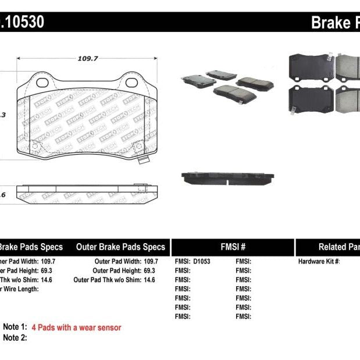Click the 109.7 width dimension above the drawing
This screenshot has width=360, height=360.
[88, 58]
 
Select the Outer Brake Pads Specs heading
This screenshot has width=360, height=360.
[120, 247]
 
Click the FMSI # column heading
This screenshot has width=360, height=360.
[233, 247]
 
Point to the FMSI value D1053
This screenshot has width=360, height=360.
[201, 262]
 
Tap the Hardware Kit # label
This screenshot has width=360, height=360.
[319, 262]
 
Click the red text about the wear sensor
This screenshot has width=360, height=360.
[76, 327]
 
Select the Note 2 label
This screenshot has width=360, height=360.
[15, 337]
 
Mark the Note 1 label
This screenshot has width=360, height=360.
[15, 327]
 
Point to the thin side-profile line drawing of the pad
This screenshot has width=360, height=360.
[87, 190]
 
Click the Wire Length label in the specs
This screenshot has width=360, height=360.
[20, 289]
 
